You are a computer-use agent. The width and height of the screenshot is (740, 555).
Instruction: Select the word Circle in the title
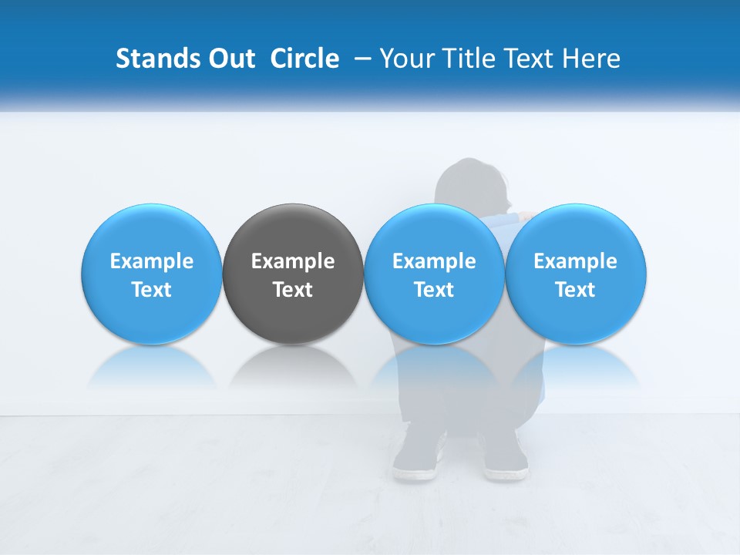[x=304, y=59]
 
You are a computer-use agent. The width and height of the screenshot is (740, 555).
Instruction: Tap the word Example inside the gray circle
[x=293, y=261]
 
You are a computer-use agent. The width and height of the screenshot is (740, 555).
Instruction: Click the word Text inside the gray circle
[x=293, y=290]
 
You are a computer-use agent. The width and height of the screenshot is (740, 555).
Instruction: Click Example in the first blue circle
[x=152, y=261]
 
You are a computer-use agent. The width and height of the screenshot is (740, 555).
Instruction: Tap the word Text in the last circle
[x=575, y=290]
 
